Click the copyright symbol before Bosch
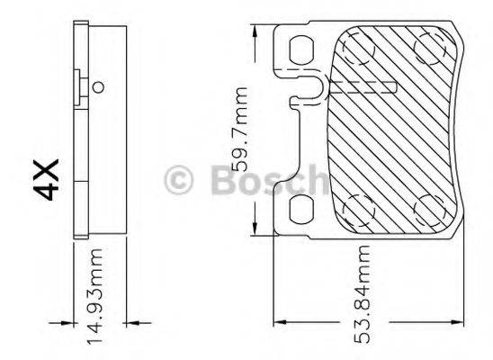180,180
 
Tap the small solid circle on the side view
99,87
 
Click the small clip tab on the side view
83,86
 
